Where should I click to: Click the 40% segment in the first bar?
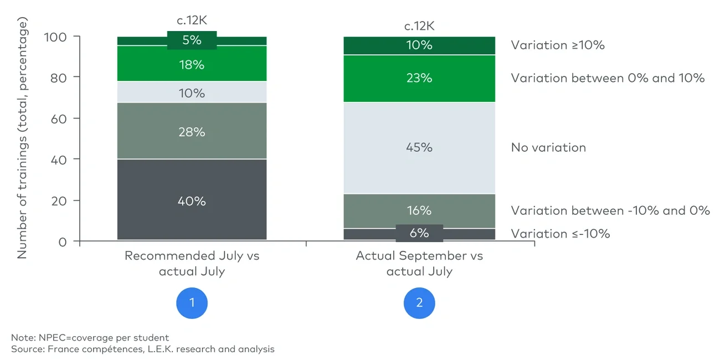click(x=192, y=200)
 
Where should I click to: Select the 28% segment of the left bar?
click(x=192, y=132)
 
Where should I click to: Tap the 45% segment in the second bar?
click(x=419, y=147)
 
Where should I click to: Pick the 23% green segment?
click(x=419, y=78)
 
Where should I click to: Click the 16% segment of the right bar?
click(x=419, y=210)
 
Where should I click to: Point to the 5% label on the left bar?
click(x=192, y=40)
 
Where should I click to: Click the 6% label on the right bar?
click(x=419, y=233)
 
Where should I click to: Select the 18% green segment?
click(x=192, y=65)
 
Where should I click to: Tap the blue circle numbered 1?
click(x=192, y=302)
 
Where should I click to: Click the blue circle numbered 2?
click(x=419, y=302)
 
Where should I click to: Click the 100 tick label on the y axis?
click(x=55, y=37)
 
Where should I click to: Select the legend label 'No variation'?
click(x=548, y=147)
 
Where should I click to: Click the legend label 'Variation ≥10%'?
click(x=558, y=45)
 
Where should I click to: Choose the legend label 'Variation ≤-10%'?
click(x=560, y=233)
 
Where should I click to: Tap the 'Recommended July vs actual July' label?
click(x=192, y=263)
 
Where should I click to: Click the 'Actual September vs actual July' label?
click(x=419, y=263)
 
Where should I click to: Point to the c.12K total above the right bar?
click(x=419, y=25)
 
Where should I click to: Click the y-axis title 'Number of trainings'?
click(x=22, y=138)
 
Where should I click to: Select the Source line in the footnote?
click(x=143, y=349)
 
